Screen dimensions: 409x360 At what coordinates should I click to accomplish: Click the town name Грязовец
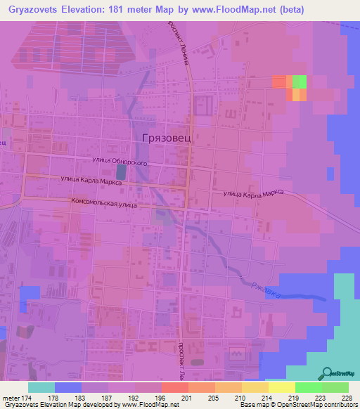point(167,138)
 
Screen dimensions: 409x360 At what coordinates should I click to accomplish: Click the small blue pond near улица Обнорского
point(122,171)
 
